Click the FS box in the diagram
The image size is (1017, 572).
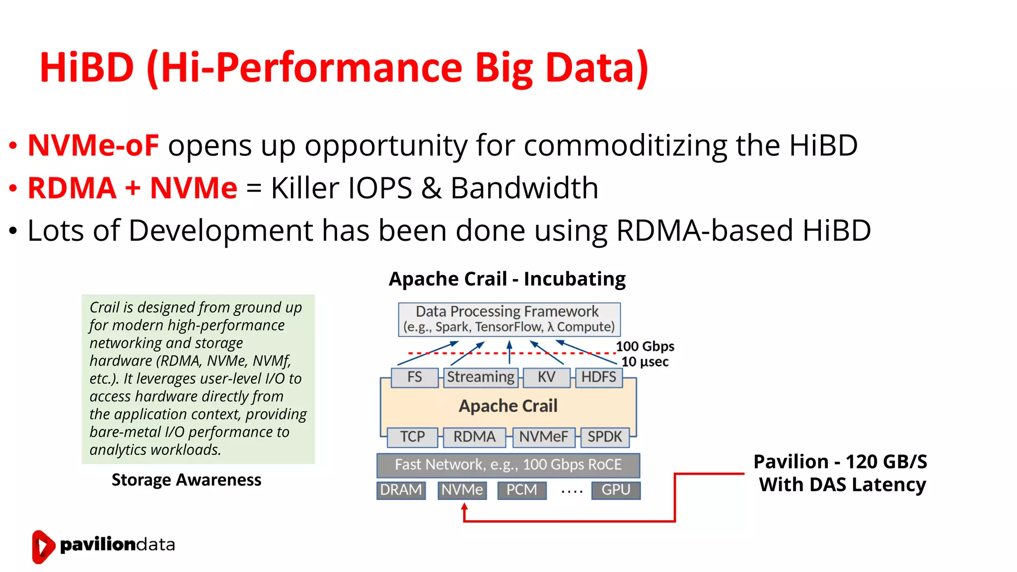[x=415, y=377]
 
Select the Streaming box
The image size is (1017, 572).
[x=481, y=377]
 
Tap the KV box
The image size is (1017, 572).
[x=546, y=377]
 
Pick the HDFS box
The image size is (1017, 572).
[x=598, y=377]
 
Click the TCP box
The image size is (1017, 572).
[x=412, y=437]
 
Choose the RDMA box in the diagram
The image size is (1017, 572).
[x=474, y=437]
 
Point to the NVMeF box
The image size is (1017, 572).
[x=543, y=437]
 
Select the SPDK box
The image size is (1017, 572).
[x=604, y=437]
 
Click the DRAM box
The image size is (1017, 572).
[x=401, y=490]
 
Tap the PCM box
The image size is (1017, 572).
[x=521, y=490]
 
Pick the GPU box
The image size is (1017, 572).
[x=616, y=490]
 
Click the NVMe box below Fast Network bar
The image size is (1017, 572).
[x=462, y=490]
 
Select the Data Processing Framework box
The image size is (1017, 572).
[x=509, y=319]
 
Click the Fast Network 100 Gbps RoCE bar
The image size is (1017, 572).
[x=508, y=465]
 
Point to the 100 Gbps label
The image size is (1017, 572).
[x=645, y=346]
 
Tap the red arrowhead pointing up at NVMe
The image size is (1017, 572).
[x=464, y=506]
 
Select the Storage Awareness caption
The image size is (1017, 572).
[x=186, y=480]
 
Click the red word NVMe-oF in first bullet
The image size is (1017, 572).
[x=93, y=145]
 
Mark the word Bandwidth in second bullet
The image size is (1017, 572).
[x=524, y=188]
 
